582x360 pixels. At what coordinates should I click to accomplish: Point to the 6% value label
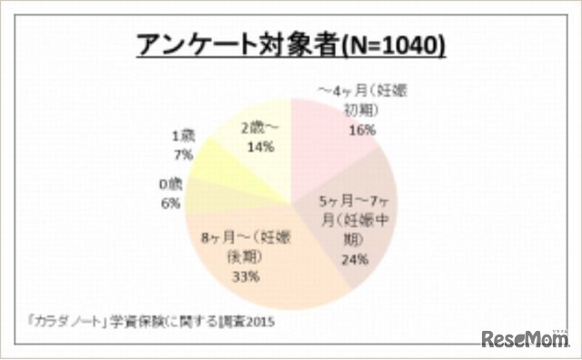pos(170,204)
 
